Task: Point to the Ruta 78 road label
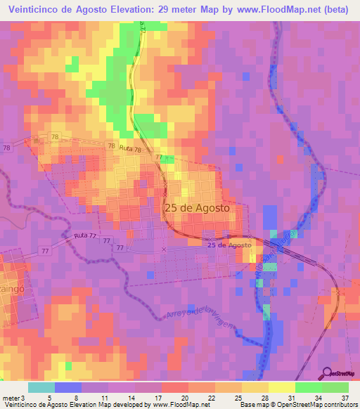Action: (x=130, y=149)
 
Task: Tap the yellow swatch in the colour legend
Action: (x=282, y=387)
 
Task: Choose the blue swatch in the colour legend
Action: (x=68, y=387)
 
